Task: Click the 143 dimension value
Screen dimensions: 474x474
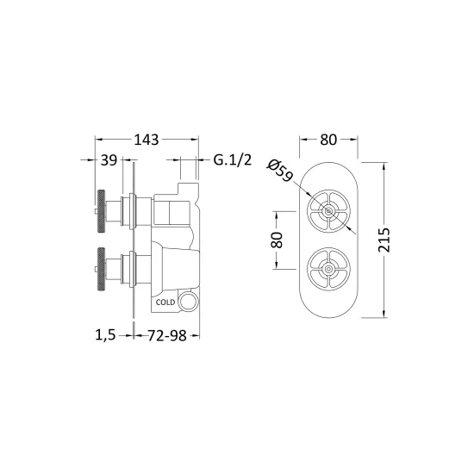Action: [x=147, y=140]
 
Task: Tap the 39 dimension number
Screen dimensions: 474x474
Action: [x=109, y=160]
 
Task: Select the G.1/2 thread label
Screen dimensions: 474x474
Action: [x=233, y=160]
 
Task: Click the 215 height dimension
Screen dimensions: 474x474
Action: [x=384, y=240]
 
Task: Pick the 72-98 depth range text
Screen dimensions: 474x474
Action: [x=167, y=335]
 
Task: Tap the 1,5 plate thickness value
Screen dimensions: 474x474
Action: [x=105, y=335]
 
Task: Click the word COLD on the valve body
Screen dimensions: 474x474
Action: [x=165, y=302]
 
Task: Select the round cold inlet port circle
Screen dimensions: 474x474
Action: [x=188, y=302]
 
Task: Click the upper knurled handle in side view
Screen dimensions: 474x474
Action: [x=102, y=211]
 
